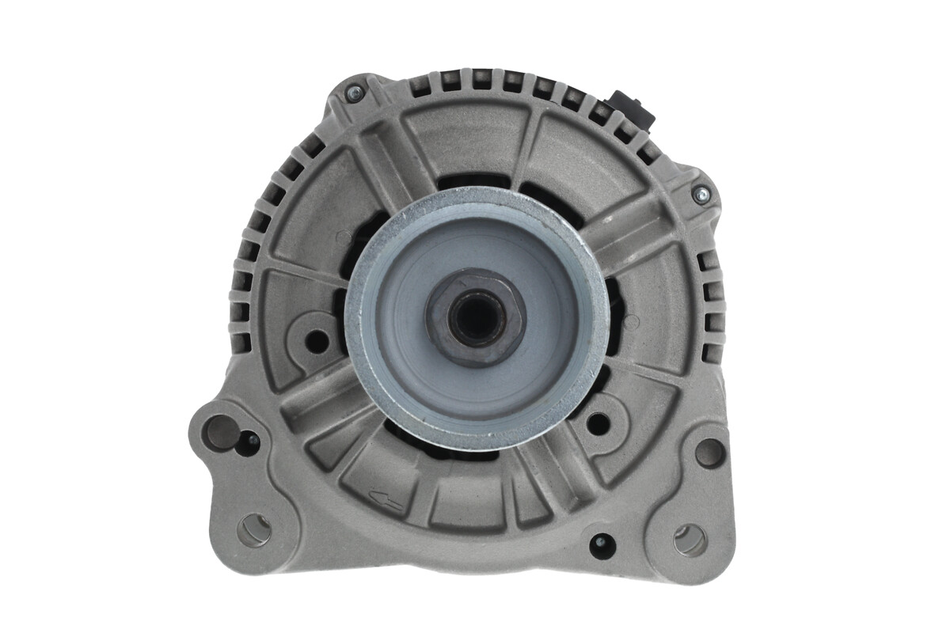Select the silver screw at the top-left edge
pyautogui.click(x=354, y=93)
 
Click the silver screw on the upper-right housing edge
pyautogui.click(x=700, y=192)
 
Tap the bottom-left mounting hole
pyautogui.click(x=254, y=529)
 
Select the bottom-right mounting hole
pyautogui.click(x=690, y=540)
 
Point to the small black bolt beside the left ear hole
pyautogui.click(x=251, y=440)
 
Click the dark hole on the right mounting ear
pyautogui.click(x=709, y=453)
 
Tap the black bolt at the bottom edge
pyautogui.click(x=601, y=544)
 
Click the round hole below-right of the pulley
pyautogui.click(x=598, y=423)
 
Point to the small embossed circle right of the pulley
pyautogui.click(x=631, y=322)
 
